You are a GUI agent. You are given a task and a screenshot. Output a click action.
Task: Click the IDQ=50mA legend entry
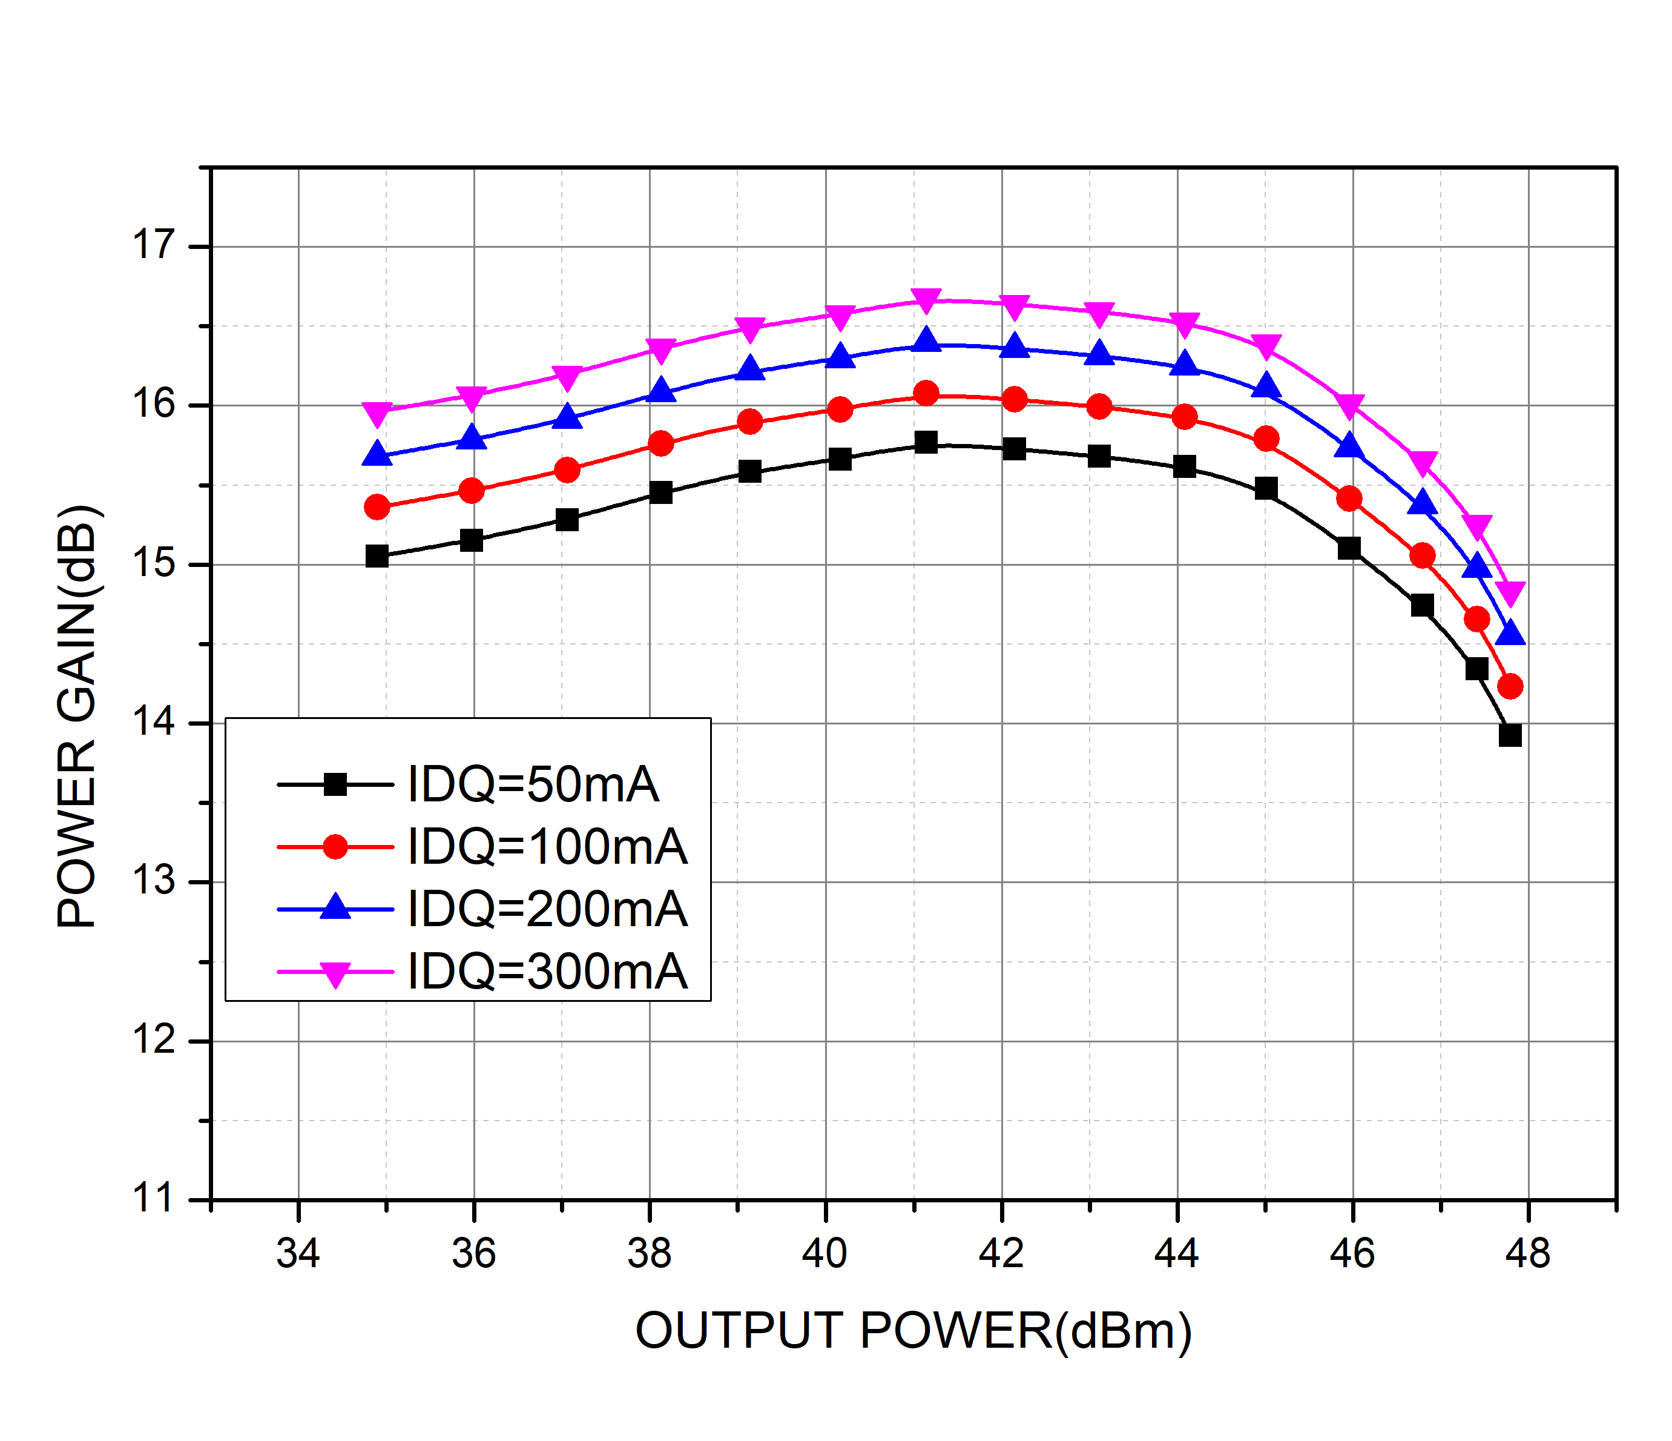pyautogui.click(x=533, y=784)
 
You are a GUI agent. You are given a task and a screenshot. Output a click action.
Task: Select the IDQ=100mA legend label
pyautogui.click(x=547, y=847)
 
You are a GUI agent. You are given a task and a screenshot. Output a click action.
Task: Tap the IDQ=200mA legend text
pyautogui.click(x=547, y=909)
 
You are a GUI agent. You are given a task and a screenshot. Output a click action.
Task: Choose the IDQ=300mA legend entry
pyautogui.click(x=547, y=971)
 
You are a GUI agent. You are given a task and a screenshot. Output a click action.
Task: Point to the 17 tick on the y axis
pyautogui.click(x=153, y=245)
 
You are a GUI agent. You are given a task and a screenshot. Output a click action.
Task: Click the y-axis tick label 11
pyautogui.click(x=153, y=1198)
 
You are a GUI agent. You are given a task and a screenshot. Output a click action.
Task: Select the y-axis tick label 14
pyautogui.click(x=153, y=721)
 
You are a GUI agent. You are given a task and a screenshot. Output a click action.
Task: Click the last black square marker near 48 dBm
pyautogui.click(x=1510, y=735)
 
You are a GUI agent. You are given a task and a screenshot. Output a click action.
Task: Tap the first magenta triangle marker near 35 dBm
pyautogui.click(x=377, y=413)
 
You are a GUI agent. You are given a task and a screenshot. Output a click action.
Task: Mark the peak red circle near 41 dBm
pyautogui.click(x=926, y=393)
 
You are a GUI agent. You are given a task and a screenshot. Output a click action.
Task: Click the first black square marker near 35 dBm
pyautogui.click(x=377, y=556)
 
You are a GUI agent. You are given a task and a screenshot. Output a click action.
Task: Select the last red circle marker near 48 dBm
pyautogui.click(x=1510, y=686)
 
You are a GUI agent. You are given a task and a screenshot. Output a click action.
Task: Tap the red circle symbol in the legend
pyautogui.click(x=335, y=847)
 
